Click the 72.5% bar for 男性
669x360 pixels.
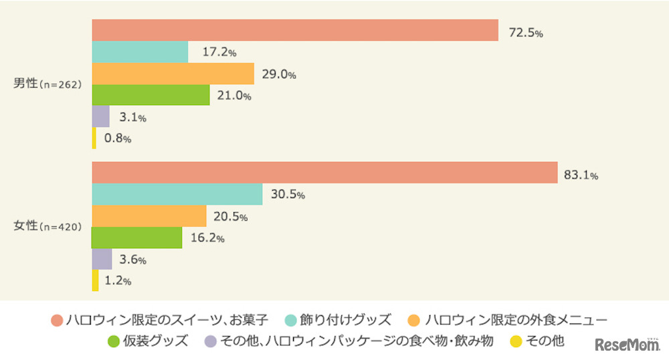click(294, 30)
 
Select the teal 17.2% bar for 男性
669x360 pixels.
click(139, 52)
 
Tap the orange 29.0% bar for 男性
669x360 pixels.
click(173, 74)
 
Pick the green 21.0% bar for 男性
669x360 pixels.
click(150, 95)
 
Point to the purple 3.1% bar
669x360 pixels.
click(100, 116)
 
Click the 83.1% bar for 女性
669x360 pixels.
click(324, 173)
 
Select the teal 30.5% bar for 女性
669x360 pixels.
click(177, 194)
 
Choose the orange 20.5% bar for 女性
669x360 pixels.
click(149, 216)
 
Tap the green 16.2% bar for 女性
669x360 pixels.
click(136, 238)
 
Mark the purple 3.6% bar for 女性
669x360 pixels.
click(102, 259)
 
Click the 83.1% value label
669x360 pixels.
click(581, 175)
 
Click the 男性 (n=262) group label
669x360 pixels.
click(47, 84)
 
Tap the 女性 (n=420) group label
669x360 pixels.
click(47, 227)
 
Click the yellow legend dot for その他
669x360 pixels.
click(515, 341)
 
